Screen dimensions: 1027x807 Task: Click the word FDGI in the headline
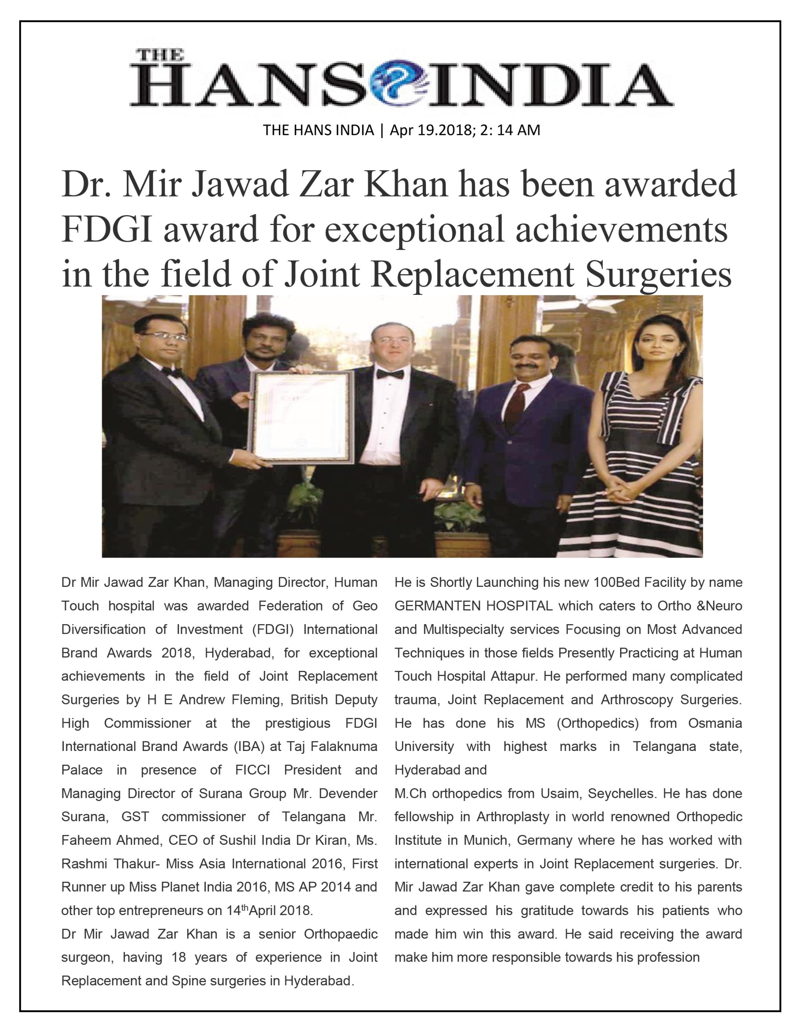tap(107, 230)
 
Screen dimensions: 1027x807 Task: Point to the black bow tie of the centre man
tap(390, 374)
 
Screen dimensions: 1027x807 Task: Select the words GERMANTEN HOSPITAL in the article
tap(473, 606)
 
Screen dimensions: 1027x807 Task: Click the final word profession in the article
tap(668, 958)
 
